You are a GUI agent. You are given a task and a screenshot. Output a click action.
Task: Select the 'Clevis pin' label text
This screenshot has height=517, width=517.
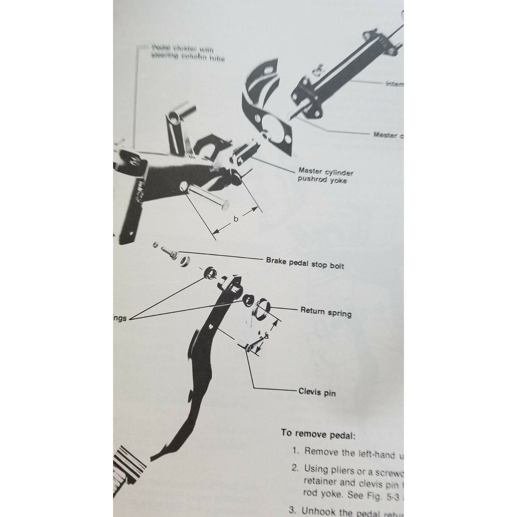[317, 392]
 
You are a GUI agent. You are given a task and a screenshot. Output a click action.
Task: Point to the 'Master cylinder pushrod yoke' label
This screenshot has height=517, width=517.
[325, 176]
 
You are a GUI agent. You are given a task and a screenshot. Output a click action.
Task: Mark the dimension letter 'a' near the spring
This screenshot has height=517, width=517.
[267, 337]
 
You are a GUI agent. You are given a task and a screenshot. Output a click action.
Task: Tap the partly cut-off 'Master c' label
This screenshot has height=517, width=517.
[388, 135]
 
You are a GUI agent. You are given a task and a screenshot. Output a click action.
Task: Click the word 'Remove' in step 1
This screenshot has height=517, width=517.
[321, 452]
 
